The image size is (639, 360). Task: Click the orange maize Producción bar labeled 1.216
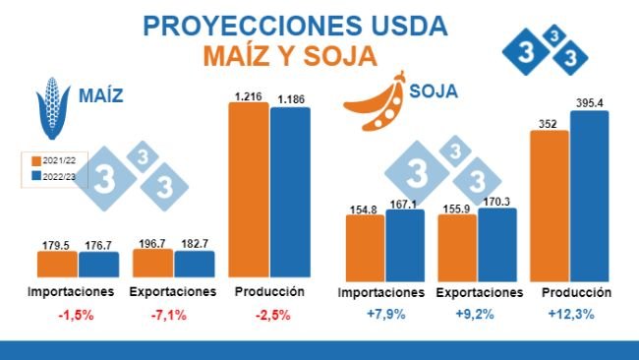249,190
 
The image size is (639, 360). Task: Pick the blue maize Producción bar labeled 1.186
290,192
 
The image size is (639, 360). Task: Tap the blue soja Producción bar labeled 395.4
590,194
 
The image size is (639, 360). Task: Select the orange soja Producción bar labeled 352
549,204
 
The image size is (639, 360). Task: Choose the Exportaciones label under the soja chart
479,293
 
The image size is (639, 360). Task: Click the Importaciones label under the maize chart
71,292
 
